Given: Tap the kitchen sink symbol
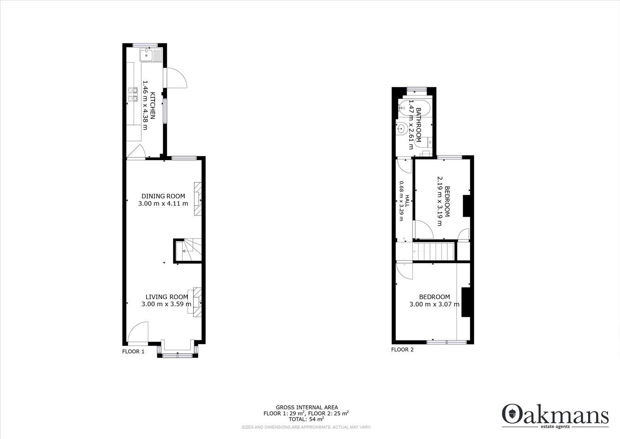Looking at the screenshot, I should click(150, 55).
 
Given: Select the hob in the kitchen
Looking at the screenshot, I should click(133, 94).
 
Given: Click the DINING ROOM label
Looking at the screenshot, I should click(163, 196).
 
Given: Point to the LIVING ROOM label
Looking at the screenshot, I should click(167, 297).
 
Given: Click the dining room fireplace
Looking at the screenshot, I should click(198, 199).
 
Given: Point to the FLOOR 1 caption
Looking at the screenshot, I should click(133, 352).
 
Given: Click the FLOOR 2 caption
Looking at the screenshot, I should click(402, 350).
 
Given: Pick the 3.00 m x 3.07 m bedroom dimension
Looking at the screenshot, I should click(434, 304).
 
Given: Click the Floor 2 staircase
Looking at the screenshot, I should click(434, 251).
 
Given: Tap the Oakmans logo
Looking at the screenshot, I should click(555, 415).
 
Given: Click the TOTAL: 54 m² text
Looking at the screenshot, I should click(307, 419).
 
